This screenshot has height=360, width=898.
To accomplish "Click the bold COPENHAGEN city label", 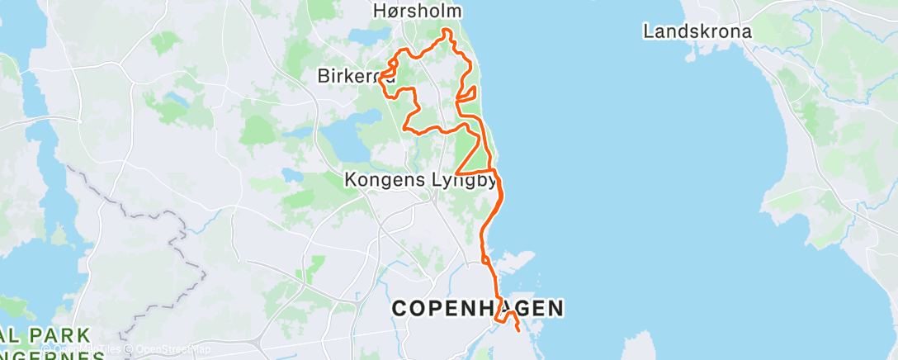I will point(477,309).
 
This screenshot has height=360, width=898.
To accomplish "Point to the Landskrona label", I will point(697,32).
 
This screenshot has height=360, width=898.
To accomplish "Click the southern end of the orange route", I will point(518,330).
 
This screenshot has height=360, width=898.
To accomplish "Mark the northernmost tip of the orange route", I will point(447,31).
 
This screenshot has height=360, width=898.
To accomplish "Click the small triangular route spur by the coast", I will point(467,93).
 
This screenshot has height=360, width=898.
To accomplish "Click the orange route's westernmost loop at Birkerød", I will point(385,75).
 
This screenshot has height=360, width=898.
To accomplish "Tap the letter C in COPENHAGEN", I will point(399,309).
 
